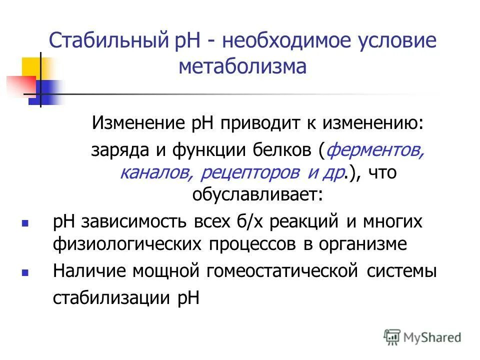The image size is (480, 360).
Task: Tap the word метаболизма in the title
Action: point(242,66)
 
